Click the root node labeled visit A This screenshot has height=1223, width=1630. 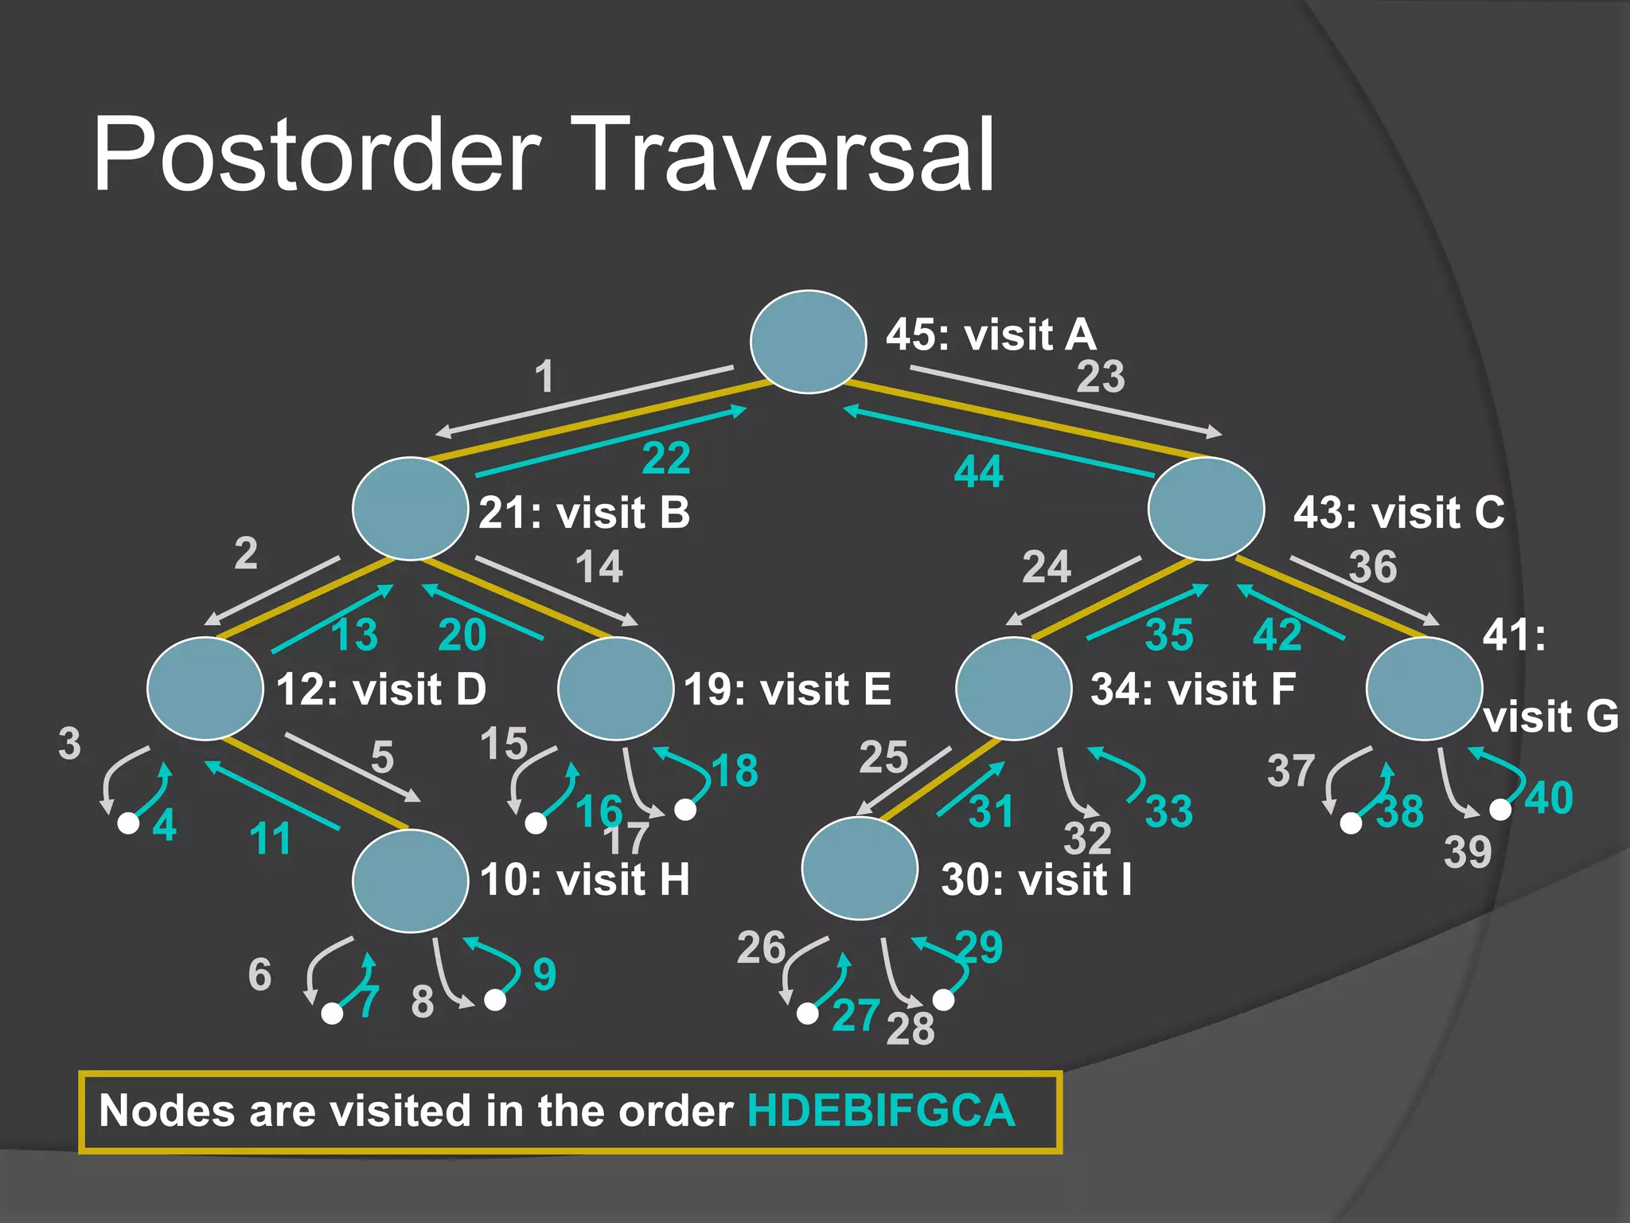808,342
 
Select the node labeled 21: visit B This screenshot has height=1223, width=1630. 410,509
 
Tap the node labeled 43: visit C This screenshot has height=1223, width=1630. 1206,509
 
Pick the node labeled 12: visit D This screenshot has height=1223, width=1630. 205,689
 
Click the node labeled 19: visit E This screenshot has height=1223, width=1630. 616,689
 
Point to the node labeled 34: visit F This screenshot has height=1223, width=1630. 1014,689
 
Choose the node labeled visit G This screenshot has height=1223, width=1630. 1424,689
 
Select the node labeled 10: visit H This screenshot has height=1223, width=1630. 410,880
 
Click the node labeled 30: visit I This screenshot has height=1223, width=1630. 860,868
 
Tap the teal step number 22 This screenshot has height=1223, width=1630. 666,459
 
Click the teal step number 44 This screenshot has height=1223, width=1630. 978,472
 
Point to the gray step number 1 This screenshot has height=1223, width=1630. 544,376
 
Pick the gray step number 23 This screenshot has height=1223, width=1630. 1101,377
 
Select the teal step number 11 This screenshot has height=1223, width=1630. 270,839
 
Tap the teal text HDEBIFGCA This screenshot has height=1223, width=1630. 881,1111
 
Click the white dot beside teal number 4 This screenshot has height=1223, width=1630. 128,823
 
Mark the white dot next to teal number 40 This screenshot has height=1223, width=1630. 1500,810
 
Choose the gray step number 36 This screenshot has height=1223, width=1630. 1373,567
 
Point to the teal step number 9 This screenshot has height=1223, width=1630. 544,975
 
